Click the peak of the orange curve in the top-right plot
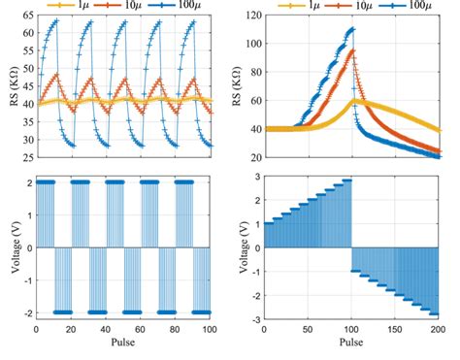click(351, 50)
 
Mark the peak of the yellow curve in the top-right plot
click(355, 100)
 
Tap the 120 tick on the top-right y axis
click(249, 16)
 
